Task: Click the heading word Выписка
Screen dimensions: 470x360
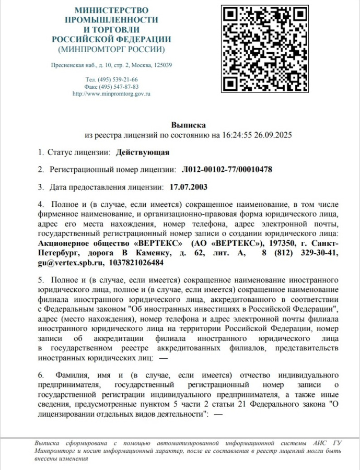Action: [188, 125]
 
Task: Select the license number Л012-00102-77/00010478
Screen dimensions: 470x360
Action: [227, 170]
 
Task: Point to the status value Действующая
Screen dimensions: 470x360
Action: [143, 152]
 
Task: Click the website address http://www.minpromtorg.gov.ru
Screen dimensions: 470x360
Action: [111, 93]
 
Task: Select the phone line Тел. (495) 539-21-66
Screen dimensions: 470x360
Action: [111, 79]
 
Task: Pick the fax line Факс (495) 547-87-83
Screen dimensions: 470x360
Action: [111, 87]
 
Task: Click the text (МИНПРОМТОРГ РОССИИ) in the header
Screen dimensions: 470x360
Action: [111, 50]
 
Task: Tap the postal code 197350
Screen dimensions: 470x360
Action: [284, 243]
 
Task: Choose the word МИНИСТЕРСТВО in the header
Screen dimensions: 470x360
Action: [111, 10]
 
